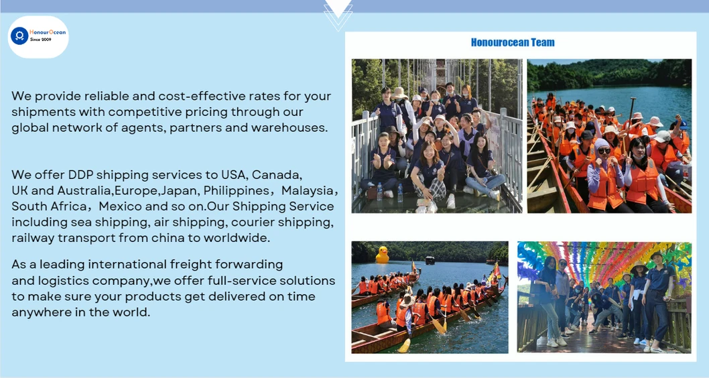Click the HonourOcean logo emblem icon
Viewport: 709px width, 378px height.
(19, 36)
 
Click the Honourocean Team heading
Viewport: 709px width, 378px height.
(513, 42)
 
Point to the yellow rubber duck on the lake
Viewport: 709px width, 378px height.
(382, 255)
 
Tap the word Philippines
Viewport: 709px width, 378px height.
(235, 190)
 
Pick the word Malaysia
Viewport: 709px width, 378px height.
(305, 190)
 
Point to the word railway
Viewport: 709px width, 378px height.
(34, 237)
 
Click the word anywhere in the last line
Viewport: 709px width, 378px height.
(41, 312)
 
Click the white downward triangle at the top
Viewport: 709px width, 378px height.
(338, 8)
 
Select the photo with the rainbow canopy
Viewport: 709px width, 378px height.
(604, 297)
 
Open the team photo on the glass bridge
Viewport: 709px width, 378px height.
(436, 136)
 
